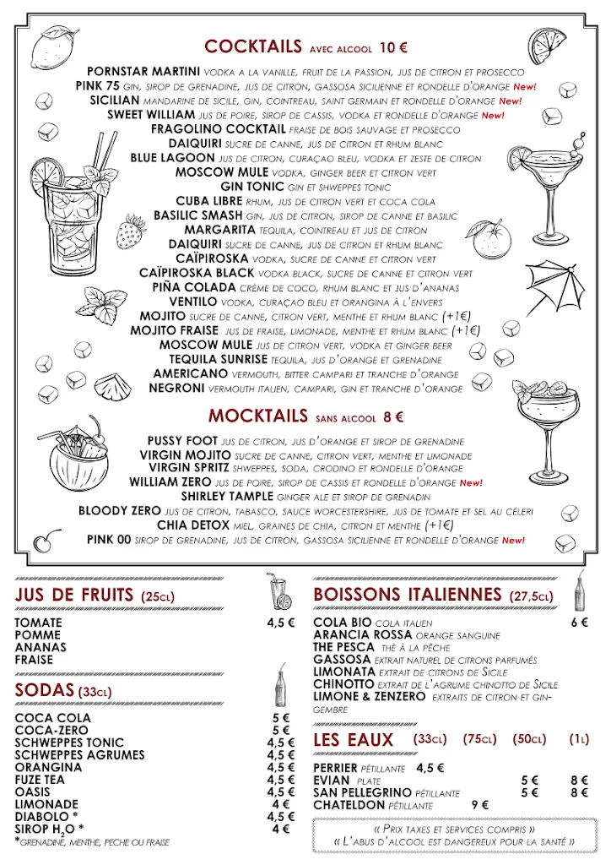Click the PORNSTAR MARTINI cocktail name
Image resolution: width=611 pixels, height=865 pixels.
point(143,72)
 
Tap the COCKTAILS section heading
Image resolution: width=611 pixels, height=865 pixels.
point(252,46)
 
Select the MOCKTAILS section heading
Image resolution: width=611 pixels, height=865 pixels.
point(257,416)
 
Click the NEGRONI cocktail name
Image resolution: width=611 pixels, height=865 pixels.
point(176,389)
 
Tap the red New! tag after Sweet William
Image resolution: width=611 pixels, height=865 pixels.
point(493,116)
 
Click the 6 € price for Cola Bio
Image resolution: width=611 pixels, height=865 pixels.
point(579,623)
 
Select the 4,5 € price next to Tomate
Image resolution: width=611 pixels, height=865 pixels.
point(281,623)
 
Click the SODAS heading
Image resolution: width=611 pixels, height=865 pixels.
point(45,691)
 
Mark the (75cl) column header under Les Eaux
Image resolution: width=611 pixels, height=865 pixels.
point(480,740)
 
